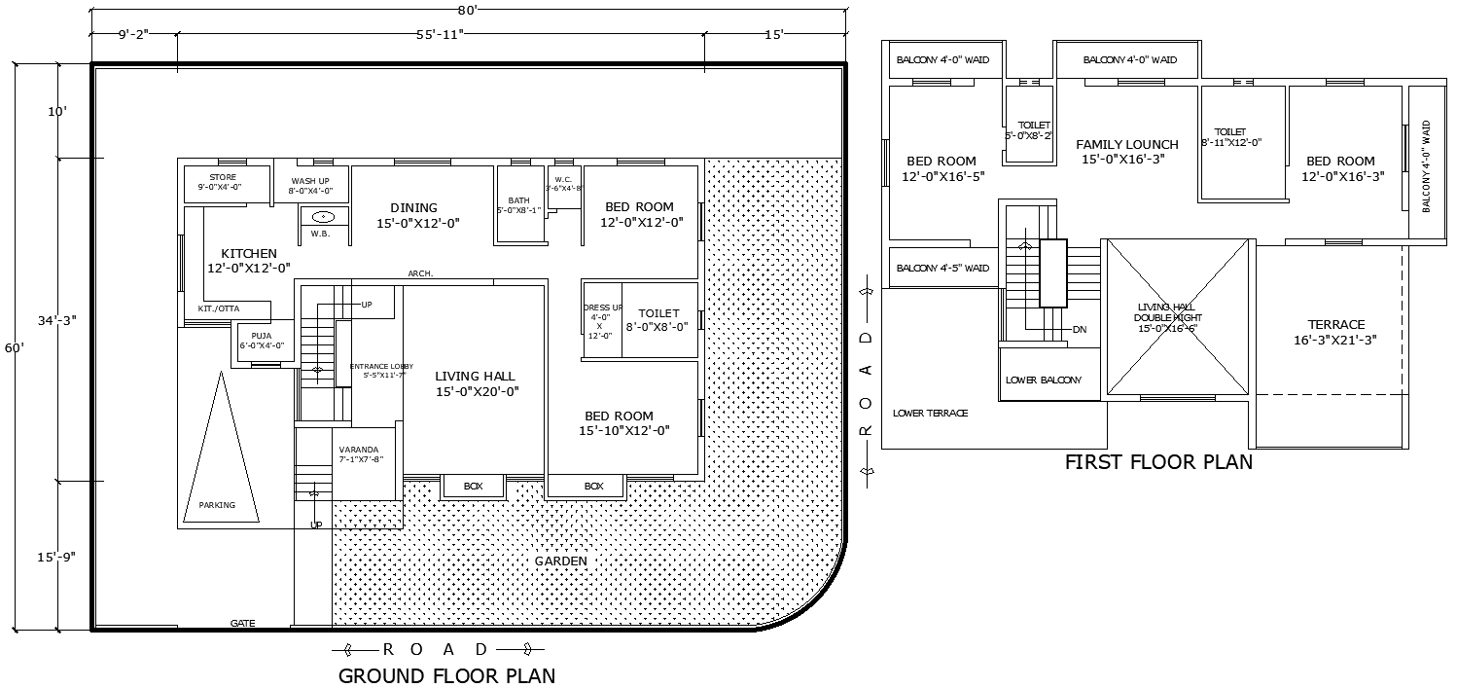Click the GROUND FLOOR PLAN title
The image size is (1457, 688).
[446, 675]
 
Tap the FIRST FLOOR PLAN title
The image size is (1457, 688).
[1158, 462]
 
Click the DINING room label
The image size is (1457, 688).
[413, 207]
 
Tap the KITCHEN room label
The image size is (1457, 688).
[249, 254]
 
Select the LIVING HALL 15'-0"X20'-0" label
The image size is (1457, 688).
[475, 383]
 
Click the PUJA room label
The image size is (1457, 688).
[261, 336]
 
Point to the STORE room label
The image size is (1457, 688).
[223, 178]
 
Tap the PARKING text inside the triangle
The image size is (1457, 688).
[217, 505]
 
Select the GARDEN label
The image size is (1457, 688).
[561, 561]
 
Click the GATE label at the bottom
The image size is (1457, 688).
[242, 623]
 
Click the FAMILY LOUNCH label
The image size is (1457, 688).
[1127, 145]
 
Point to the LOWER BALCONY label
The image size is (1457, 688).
[1043, 380]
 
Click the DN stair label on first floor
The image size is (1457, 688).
[1079, 329]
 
